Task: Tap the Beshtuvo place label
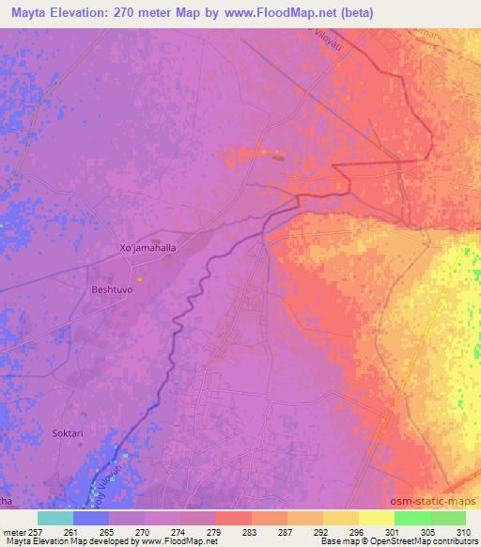pyautogui.click(x=112, y=290)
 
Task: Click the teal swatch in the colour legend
pyautogui.click(x=55, y=518)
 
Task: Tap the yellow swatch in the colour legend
pyautogui.click(x=376, y=518)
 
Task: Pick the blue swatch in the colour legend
pyautogui.click(x=91, y=518)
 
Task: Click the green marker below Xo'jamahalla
pyautogui.click(x=140, y=278)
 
